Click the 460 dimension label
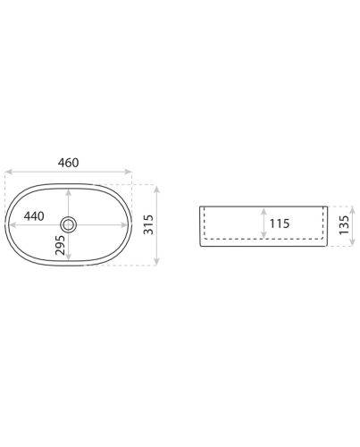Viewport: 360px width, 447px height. coord(68,163)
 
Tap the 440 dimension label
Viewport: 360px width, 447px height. coord(34,216)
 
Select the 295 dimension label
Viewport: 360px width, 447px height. coord(60,245)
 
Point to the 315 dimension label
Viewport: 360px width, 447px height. coord(148,224)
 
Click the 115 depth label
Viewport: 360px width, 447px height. coord(280,223)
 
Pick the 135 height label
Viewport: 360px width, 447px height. coord(344,224)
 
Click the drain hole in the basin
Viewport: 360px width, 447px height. coord(68,224)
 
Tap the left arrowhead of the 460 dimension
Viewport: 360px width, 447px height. coord(8,172)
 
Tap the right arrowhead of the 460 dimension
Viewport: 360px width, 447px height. coord(129,172)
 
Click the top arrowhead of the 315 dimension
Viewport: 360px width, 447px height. coord(157,189)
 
